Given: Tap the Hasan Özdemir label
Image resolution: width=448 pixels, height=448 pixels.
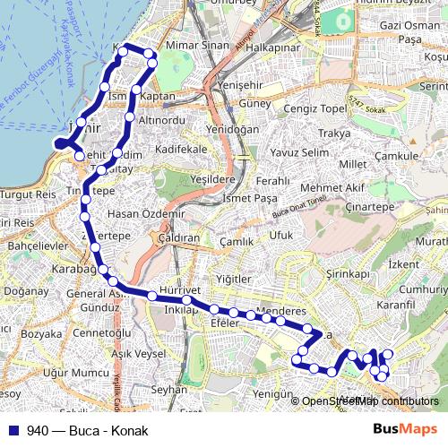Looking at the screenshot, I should tap(145, 214).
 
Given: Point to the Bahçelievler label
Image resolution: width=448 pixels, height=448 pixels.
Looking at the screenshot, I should tap(31, 244).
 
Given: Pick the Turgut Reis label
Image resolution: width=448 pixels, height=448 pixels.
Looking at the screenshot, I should tap(29, 194).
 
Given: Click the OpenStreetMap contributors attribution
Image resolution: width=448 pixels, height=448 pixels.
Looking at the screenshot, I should tap(370, 401).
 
